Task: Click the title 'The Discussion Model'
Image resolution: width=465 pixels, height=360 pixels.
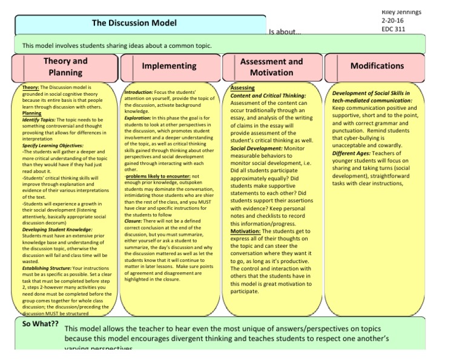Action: [134, 23]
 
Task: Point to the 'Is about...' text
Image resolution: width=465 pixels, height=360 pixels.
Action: [286, 33]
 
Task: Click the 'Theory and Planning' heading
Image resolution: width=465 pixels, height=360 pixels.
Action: [65, 66]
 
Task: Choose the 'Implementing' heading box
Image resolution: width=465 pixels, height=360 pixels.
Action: [169, 65]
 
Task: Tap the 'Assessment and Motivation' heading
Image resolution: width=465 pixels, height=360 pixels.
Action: [271, 67]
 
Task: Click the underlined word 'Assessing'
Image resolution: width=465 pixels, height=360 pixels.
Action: [243, 88]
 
